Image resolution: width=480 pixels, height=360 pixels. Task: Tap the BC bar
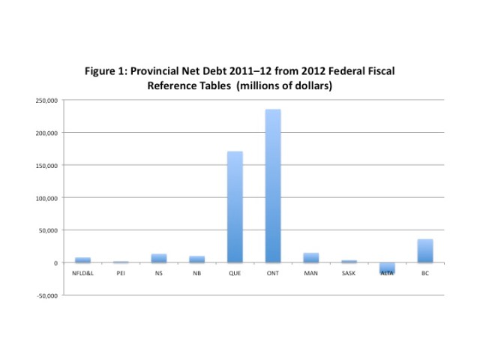pyautogui.click(x=425, y=250)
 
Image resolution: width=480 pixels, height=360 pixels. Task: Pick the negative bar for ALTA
pyautogui.click(x=387, y=268)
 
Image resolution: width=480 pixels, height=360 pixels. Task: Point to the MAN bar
pyautogui.click(x=311, y=258)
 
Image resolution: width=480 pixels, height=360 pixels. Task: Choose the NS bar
pyautogui.click(x=159, y=258)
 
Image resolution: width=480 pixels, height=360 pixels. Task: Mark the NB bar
pyautogui.click(x=196, y=259)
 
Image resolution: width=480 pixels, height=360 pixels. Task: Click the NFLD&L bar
pyautogui.click(x=82, y=259)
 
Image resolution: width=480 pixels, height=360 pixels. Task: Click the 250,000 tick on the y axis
pyautogui.click(x=47, y=100)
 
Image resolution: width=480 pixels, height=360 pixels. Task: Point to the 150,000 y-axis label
pyautogui.click(x=47, y=165)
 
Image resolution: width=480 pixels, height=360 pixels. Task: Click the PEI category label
pyautogui.click(x=121, y=273)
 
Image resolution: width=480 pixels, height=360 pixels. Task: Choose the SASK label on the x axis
pyautogui.click(x=349, y=273)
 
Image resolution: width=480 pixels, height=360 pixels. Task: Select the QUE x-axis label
pyautogui.click(x=235, y=273)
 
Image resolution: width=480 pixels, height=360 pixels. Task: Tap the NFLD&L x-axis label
pyautogui.click(x=82, y=273)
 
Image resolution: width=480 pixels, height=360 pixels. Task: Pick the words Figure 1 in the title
pyautogui.click(x=109, y=71)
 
